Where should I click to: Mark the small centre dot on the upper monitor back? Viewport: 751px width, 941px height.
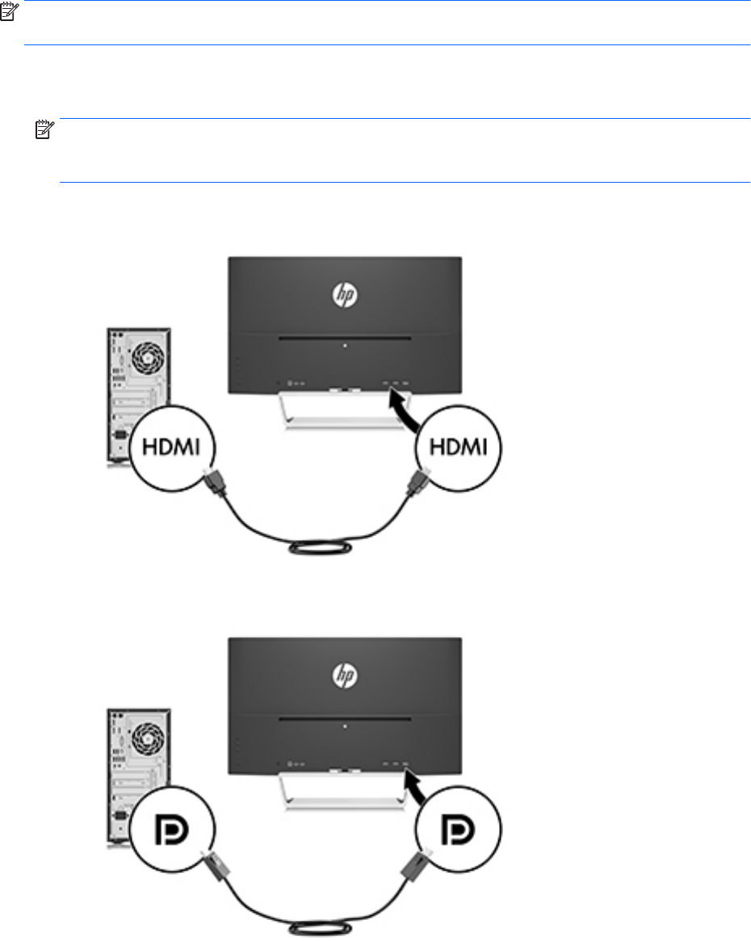(345, 345)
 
